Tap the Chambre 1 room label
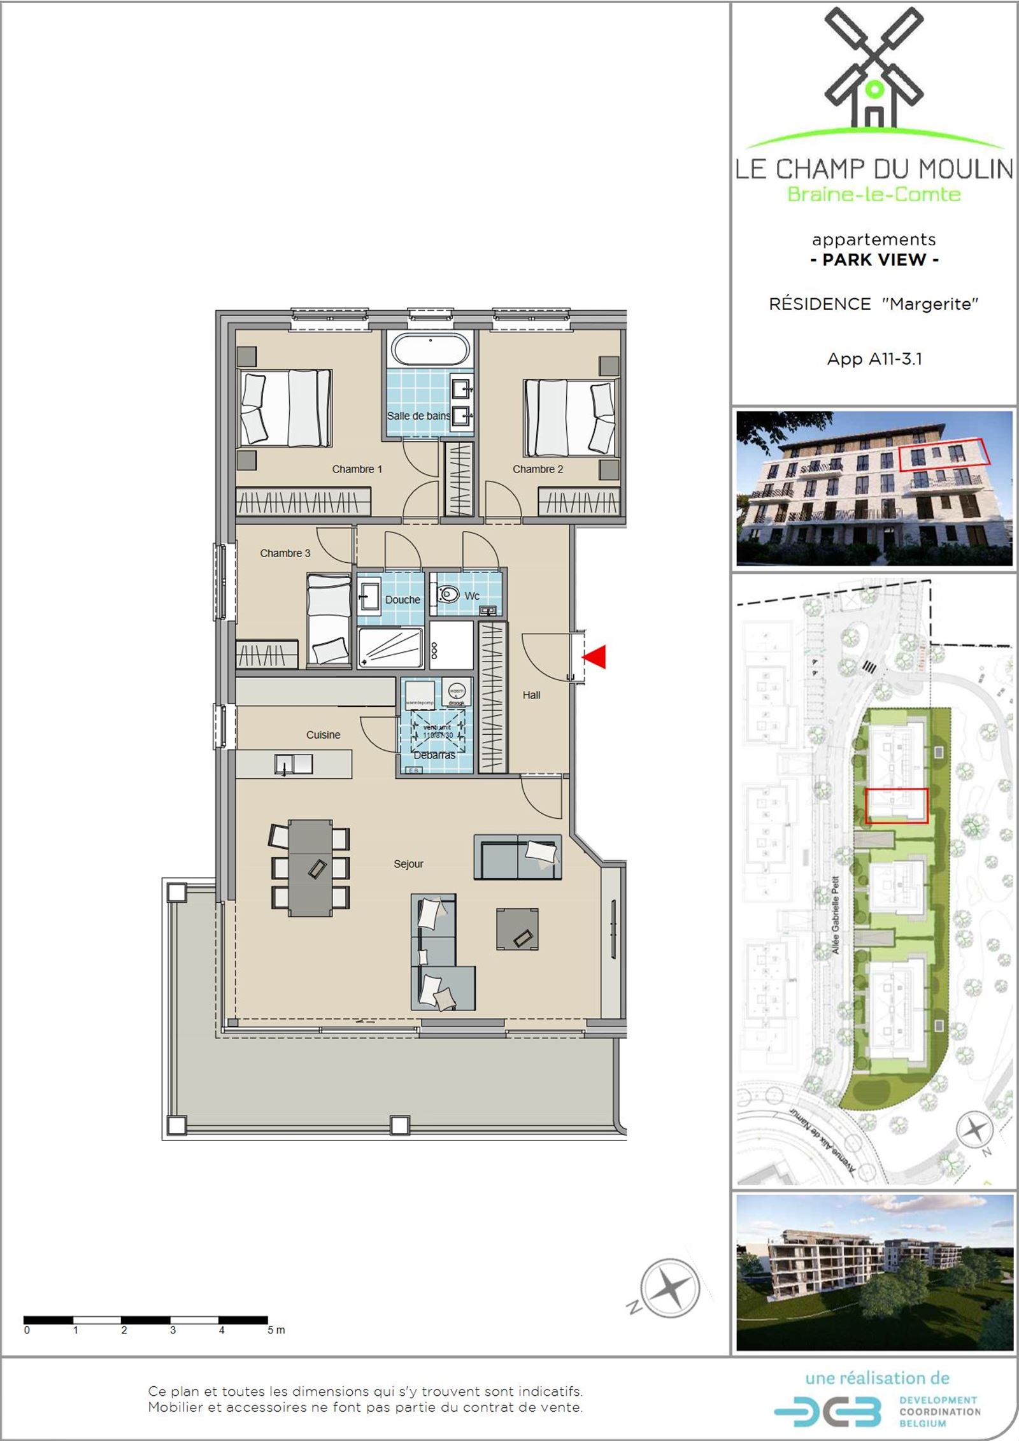[x=357, y=469]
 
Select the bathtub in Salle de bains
[x=431, y=349]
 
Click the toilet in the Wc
[x=448, y=594]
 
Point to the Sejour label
[x=408, y=864]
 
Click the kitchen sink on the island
[x=294, y=763]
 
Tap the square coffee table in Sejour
[x=517, y=930]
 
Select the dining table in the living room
[x=310, y=867]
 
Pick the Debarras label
[x=434, y=755]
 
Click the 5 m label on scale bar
[x=276, y=1330]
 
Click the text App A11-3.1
[x=874, y=358]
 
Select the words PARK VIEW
[x=874, y=260]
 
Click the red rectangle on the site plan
[x=897, y=806]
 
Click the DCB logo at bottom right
[x=828, y=1412]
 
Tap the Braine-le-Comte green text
[x=874, y=194]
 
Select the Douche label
[x=403, y=600]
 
